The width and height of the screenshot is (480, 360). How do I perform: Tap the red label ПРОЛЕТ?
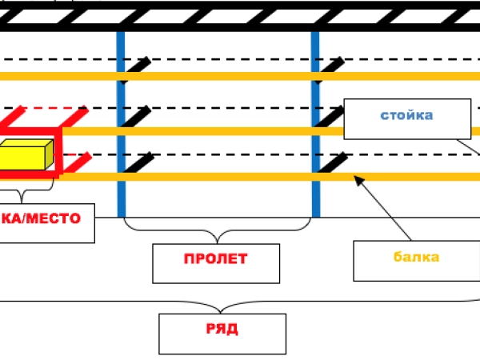(x=216, y=259)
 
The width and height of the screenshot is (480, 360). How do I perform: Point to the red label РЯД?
(x=222, y=330)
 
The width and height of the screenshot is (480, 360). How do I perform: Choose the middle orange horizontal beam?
(x=200, y=130)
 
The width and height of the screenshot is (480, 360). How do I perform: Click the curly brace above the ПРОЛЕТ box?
(x=217, y=233)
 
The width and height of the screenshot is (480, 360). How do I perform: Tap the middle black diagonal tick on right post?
(x=332, y=117)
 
